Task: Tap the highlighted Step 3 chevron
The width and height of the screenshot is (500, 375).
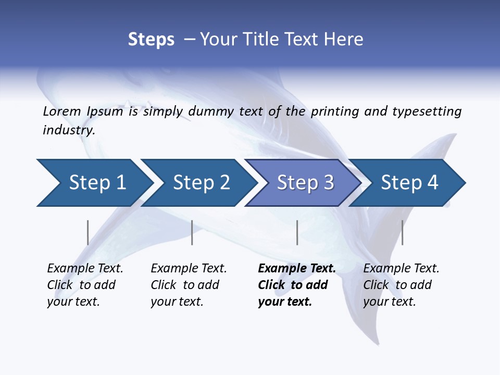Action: point(305,183)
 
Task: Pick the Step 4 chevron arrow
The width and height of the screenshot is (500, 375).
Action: point(409,183)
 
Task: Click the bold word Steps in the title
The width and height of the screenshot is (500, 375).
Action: point(151,40)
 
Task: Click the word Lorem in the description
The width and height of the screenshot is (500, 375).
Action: point(61,111)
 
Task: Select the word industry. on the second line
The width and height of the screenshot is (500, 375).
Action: point(69,130)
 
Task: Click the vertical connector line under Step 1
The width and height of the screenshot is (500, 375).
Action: point(87,232)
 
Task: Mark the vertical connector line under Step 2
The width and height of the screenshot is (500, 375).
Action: point(192,232)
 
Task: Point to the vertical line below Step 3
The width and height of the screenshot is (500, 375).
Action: point(297,232)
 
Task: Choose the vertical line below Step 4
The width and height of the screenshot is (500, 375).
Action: point(402,232)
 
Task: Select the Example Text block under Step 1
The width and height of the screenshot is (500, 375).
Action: point(85,285)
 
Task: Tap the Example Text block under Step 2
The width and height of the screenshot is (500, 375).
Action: point(189,285)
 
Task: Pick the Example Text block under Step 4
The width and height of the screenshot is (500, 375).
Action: point(401,285)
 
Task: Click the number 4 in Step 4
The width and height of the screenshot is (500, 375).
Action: point(432,183)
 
